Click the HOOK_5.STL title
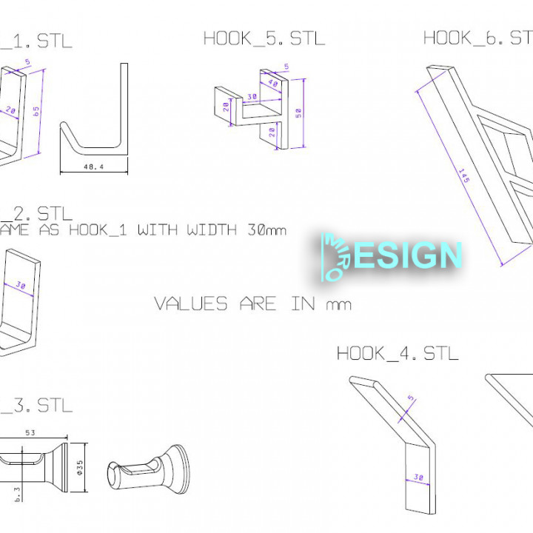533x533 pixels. (264, 38)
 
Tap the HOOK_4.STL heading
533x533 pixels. (398, 353)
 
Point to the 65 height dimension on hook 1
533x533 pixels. (36, 110)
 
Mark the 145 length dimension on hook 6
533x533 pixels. (464, 178)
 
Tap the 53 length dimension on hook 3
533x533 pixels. (30, 432)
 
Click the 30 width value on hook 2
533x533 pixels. (20, 285)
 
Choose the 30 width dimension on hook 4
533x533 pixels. (419, 479)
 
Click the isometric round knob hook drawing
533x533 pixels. (148, 466)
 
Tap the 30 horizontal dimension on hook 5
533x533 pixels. (252, 97)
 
